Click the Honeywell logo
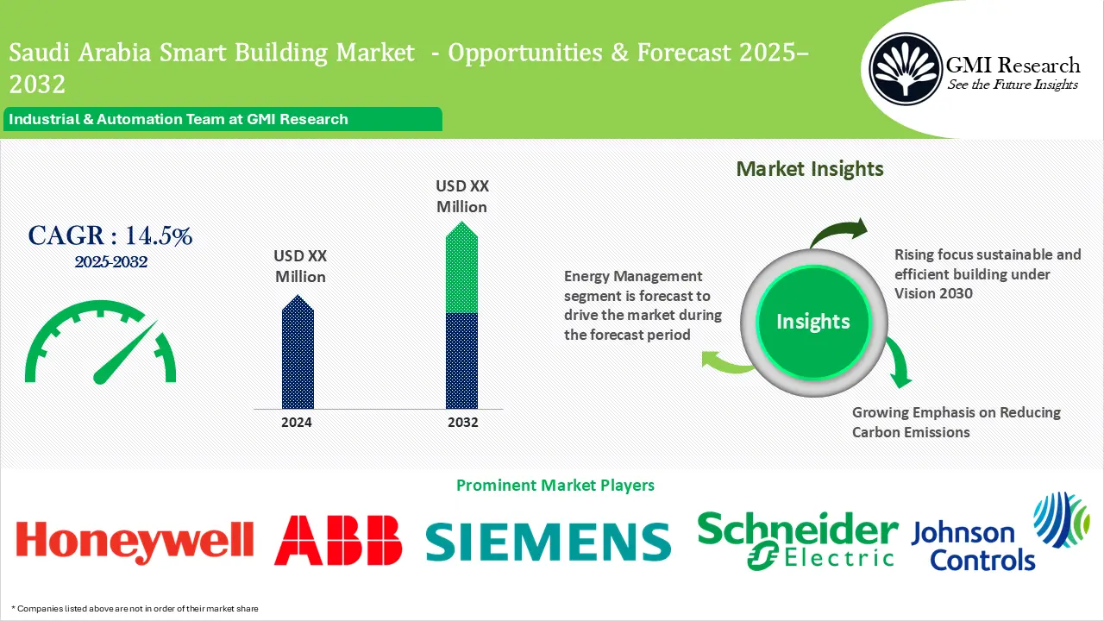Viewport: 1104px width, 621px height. (x=135, y=540)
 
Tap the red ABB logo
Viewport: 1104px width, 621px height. (x=338, y=540)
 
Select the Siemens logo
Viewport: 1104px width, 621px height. (x=549, y=542)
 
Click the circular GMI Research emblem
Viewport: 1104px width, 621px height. (x=905, y=70)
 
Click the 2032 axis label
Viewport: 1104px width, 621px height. (x=461, y=423)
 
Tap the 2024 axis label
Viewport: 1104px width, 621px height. (x=298, y=423)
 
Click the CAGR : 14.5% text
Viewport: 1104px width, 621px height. (x=110, y=235)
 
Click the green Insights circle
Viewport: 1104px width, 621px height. (x=812, y=322)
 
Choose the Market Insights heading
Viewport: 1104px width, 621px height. (x=810, y=169)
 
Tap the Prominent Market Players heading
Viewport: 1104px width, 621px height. (x=555, y=486)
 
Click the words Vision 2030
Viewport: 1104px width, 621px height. (x=933, y=293)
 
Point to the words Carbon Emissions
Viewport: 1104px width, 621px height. (x=911, y=432)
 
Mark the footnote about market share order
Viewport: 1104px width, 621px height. (x=135, y=609)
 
